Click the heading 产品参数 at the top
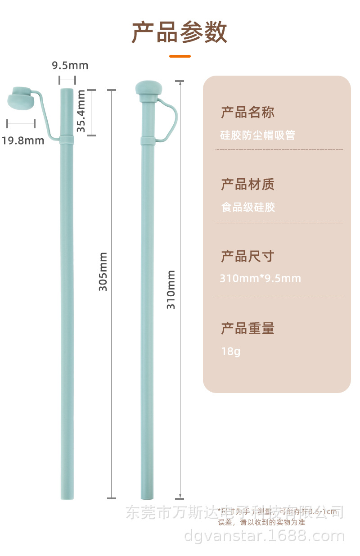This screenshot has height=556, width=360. click(180, 32)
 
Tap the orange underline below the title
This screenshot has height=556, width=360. click(180, 56)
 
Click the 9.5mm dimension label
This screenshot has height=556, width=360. click(70, 66)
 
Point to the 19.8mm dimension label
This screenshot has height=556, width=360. click(23, 140)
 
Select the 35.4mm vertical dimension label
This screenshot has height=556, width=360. click(81, 111)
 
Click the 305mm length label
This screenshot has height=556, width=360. click(103, 271)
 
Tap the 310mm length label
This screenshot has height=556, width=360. click(171, 289)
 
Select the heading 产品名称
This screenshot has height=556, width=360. click(247, 112)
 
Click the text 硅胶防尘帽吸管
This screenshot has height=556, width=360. click(257, 135)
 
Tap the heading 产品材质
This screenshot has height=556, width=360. click(247, 184)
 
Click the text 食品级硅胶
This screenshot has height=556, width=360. click(248, 208)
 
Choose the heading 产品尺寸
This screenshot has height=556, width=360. click(247, 257)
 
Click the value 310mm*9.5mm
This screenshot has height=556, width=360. click(260, 278)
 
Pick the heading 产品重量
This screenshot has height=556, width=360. click(247, 329)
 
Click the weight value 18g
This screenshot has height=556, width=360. click(230, 351)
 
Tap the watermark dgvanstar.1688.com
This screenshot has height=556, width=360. click(264, 536)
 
